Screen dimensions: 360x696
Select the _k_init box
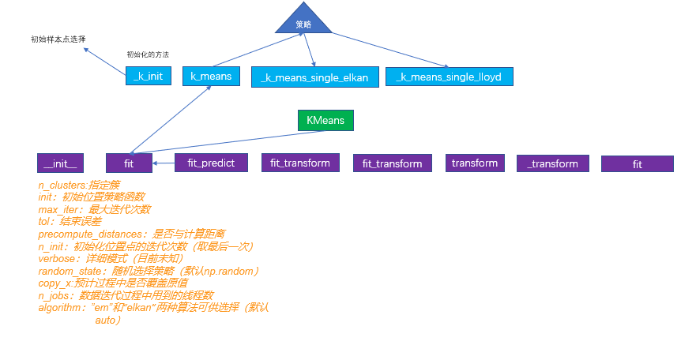pos(149,76)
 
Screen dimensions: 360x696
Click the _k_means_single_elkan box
pos(314,77)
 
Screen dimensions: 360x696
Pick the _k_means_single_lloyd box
pos(450,77)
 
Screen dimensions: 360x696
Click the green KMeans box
pos(325,120)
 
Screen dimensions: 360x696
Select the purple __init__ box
pos(60,163)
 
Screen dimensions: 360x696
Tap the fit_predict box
pos(211,163)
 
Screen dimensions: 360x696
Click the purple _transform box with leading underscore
pos(553,163)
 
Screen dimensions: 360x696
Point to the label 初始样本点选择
pos(58,39)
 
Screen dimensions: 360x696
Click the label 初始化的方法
pos(148,54)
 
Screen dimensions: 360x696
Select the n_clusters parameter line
pos(79,185)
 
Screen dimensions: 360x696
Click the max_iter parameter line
pos(94,209)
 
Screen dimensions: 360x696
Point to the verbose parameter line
pos(111,258)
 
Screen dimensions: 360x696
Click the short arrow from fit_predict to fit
pos(164,163)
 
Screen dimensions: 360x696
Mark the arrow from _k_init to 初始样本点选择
pos(105,59)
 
